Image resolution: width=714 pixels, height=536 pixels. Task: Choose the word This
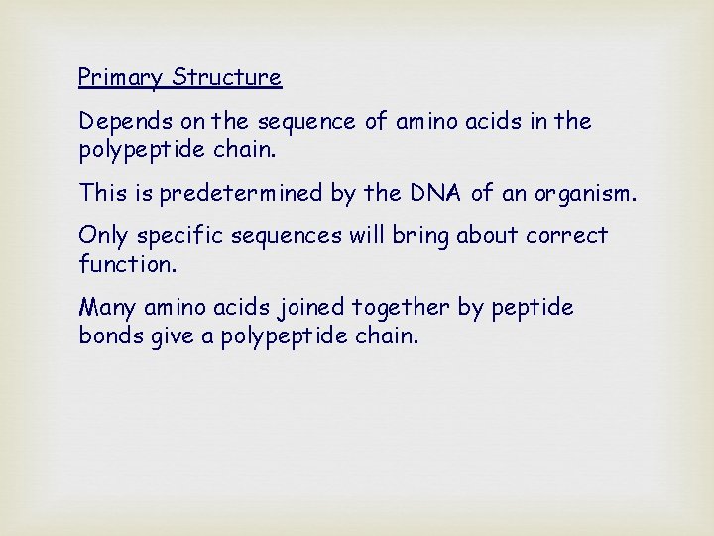click(x=102, y=192)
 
